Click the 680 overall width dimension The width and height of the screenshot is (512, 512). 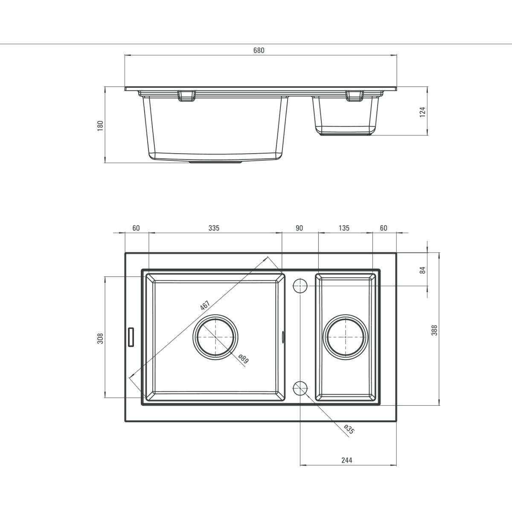pyautogui.click(x=259, y=50)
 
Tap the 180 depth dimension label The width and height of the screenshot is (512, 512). pyautogui.click(x=100, y=126)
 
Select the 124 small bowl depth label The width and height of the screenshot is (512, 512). pyautogui.click(x=422, y=112)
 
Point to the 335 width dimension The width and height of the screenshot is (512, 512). pyautogui.click(x=214, y=228)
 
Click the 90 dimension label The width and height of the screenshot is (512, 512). pyautogui.click(x=299, y=228)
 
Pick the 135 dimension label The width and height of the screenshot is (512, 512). pyautogui.click(x=344, y=228)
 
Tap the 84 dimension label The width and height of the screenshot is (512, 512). pyautogui.click(x=423, y=270)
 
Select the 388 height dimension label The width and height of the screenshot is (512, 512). pyautogui.click(x=434, y=330)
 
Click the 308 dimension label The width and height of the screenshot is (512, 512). pyautogui.click(x=100, y=338)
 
